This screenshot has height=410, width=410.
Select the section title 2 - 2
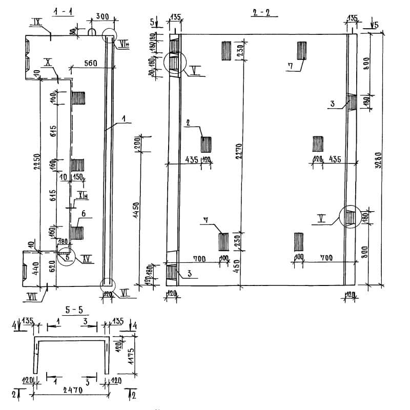pos(261,12)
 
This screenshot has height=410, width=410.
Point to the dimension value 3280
pos(378,158)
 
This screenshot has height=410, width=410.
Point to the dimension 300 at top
pos(102,17)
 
